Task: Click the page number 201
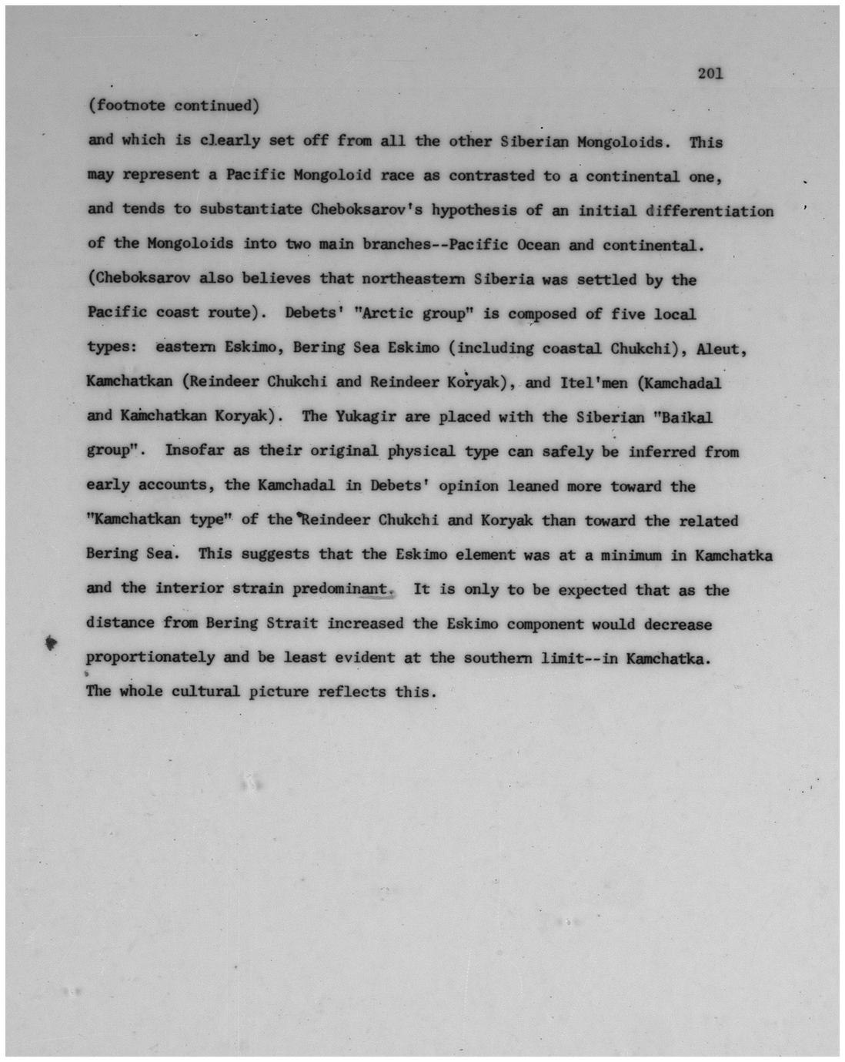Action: click(710, 74)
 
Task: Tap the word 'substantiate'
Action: click(250, 209)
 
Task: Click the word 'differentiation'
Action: click(710, 211)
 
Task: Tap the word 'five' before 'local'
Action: click(628, 314)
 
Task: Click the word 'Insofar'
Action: click(195, 451)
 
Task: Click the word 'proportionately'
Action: click(150, 658)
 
